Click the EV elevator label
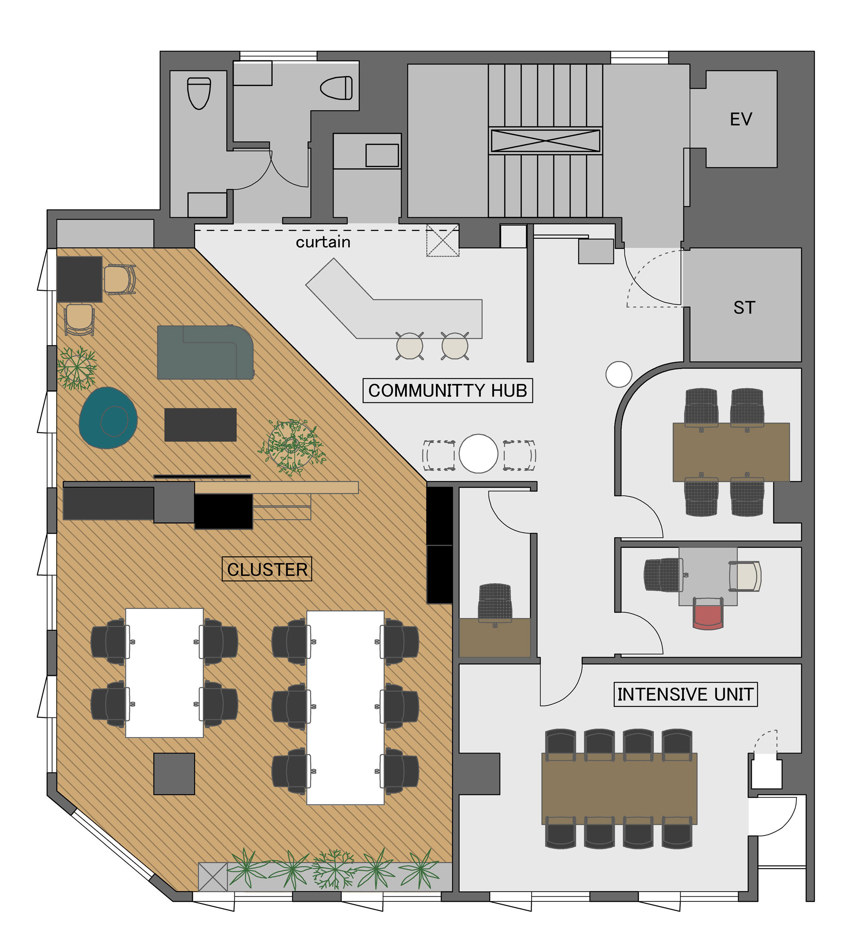pos(740,119)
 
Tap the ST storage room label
pos(744,307)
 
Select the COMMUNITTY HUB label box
pos(447,390)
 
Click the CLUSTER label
pos(266,570)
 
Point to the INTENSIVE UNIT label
pos(685,694)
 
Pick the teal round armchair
pos(108,417)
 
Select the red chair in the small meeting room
pos(708,613)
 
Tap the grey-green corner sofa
pos(205,352)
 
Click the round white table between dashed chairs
pos(478,453)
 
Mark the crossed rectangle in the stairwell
pos(545,141)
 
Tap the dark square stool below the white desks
pos(174,774)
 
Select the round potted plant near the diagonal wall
pos(292,446)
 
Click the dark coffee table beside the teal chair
pos(200,425)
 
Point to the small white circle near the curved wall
pos(618,374)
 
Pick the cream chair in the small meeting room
pos(745,576)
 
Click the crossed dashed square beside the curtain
pos(443,241)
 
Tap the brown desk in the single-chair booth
pos(494,637)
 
